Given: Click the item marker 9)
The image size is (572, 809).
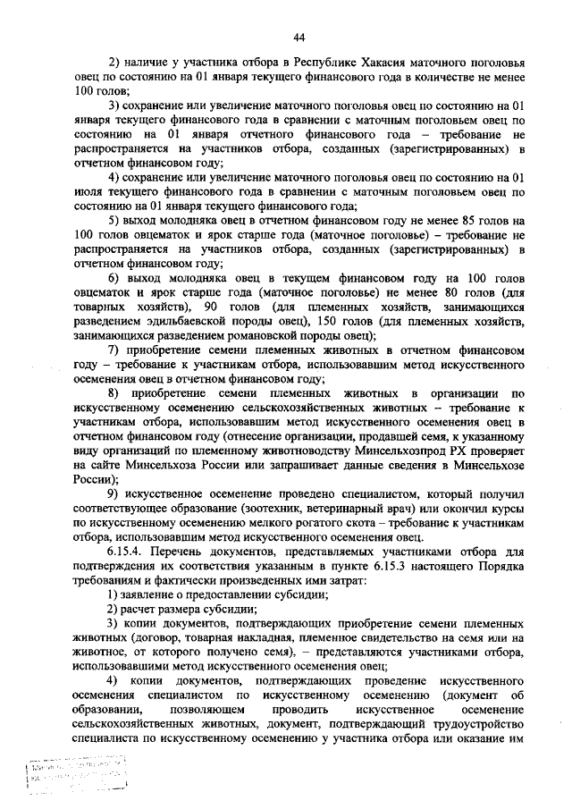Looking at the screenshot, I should pyautogui.click(x=114, y=494).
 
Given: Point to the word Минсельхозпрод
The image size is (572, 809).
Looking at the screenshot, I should pyautogui.click(x=393, y=452).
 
